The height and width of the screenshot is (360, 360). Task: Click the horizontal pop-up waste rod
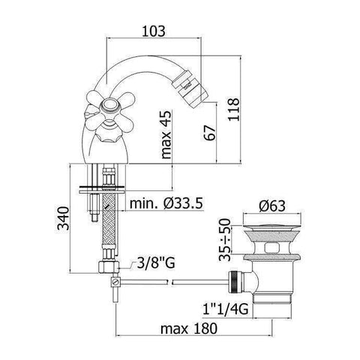(202, 281)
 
